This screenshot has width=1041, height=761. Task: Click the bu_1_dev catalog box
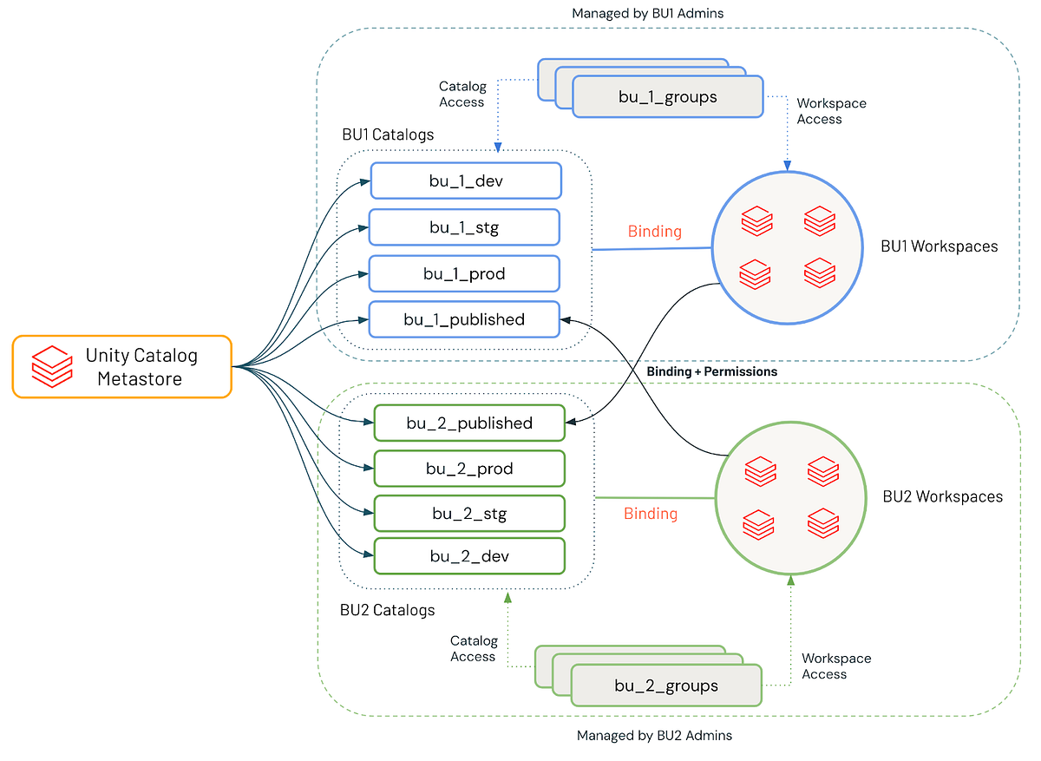point(466,181)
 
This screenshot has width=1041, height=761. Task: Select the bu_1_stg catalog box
point(464,227)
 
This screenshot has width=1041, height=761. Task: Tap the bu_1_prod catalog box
point(464,273)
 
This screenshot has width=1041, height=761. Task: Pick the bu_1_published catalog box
point(464,319)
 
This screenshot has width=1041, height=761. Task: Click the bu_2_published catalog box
point(469,423)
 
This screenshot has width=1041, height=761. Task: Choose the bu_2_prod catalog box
point(469,469)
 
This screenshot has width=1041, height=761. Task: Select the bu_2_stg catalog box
point(469,514)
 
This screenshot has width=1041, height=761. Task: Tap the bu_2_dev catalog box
point(469,556)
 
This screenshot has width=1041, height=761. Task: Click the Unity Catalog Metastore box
point(122,366)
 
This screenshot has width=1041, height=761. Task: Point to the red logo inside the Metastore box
point(52,366)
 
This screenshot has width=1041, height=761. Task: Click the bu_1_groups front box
point(667,96)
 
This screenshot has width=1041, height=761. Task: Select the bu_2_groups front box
point(665,686)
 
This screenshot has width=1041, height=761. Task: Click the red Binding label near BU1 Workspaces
point(655,232)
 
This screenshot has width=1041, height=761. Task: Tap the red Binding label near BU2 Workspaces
point(651,514)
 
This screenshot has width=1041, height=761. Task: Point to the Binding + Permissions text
point(711,371)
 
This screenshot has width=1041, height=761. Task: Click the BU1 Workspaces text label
point(940,246)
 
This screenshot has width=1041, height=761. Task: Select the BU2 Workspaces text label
point(942,497)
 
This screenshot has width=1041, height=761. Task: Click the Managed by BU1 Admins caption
point(647,14)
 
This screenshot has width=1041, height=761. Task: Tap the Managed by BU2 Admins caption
point(654,736)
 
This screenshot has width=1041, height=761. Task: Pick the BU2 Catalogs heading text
point(387,610)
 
